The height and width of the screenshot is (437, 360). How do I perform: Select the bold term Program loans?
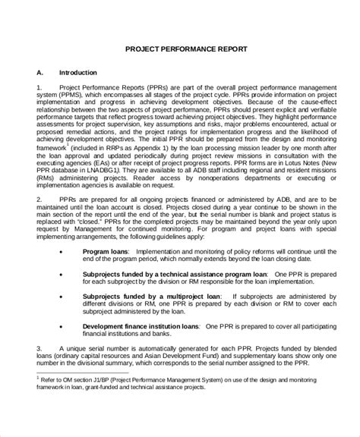pos(105,269)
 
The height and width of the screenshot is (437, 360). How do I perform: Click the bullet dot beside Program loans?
pos(60,269)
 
